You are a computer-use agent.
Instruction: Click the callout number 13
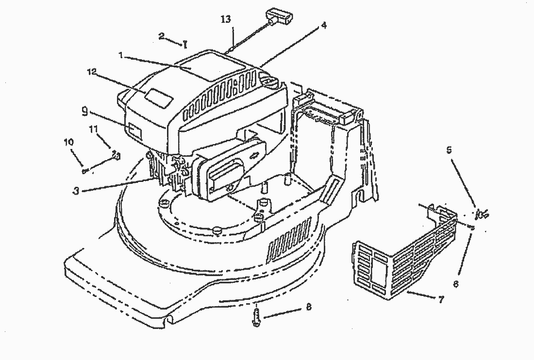pos(226,19)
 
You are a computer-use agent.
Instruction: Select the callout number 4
pos(324,25)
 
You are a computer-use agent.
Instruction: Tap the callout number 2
pos(162,36)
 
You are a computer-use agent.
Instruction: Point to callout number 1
pos(120,55)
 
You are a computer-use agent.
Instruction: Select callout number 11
pos(93,129)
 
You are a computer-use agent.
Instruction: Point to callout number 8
pos(309,307)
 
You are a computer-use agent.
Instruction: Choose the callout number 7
pos(440,299)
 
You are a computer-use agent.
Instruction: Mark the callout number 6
pos(456,284)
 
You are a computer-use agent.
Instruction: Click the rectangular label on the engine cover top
pos(159,98)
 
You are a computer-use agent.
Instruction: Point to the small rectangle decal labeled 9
pos(135,130)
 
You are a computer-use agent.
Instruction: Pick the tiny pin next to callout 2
pos(185,45)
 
